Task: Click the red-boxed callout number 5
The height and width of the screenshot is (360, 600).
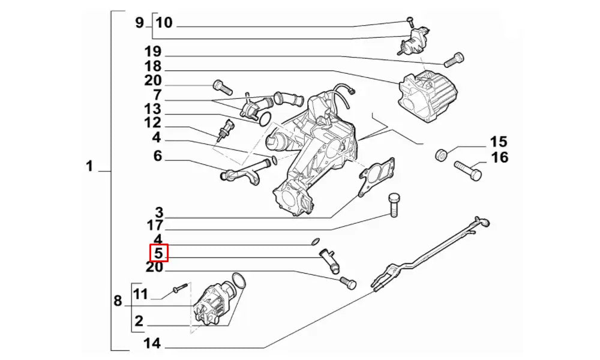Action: [x=159, y=253]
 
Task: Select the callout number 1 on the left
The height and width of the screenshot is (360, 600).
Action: [x=89, y=166]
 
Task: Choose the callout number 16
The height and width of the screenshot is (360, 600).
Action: [x=500, y=157]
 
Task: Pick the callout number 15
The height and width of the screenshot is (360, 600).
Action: [x=499, y=142]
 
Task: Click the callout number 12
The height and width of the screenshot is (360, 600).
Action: [x=153, y=123]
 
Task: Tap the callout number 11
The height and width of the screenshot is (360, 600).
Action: [x=140, y=294]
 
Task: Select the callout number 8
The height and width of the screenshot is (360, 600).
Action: [x=118, y=300]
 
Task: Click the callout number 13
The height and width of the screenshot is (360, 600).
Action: [x=153, y=109]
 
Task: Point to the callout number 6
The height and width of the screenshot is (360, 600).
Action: [x=158, y=156]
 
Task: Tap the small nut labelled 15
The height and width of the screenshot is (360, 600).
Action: [x=440, y=156]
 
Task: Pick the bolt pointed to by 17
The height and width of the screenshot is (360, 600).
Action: [x=394, y=205]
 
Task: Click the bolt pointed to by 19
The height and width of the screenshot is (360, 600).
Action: [x=454, y=59]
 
